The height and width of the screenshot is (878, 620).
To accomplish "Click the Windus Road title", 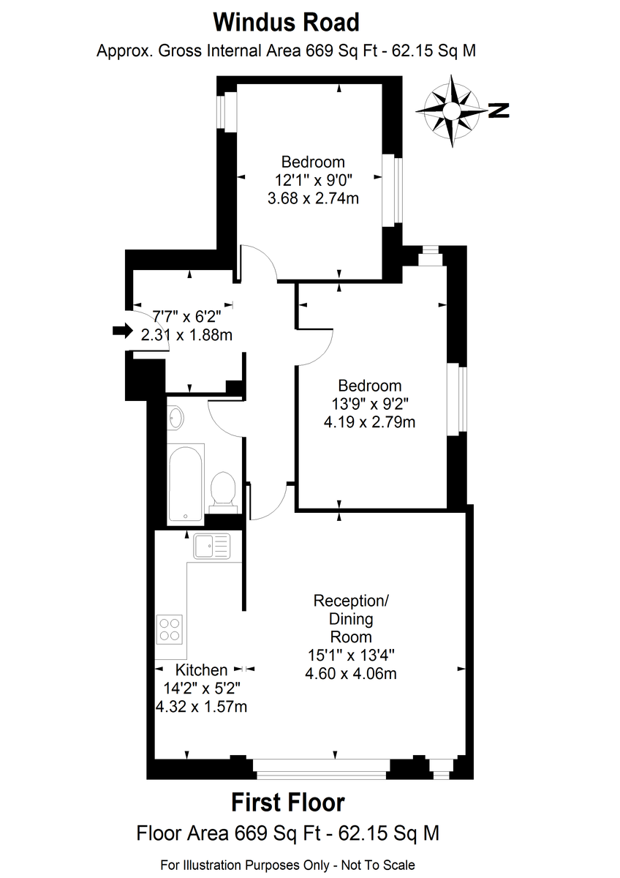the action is tap(287, 23).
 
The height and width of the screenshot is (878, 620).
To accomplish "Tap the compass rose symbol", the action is tap(452, 111).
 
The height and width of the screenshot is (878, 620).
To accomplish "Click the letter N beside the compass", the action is tap(499, 110).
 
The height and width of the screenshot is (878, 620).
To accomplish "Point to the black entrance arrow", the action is tap(123, 331).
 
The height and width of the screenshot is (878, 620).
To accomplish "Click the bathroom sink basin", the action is tap(176, 418).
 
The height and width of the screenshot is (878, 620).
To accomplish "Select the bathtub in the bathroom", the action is tap(186, 484).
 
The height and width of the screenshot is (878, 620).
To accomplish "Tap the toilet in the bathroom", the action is tap(223, 492).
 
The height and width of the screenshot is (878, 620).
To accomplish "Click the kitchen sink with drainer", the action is tap(212, 546).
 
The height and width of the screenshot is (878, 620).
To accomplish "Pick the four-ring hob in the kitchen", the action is tap(170, 629).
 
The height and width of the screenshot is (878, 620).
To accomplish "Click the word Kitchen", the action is tap(201, 670).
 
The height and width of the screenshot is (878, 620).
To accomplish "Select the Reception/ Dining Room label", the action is tap(351, 619).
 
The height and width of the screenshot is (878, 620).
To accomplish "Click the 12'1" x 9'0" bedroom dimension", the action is tap(314, 180).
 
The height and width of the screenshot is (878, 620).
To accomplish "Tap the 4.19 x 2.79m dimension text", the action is tap(369, 422).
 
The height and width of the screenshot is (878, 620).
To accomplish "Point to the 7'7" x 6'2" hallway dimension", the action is tap(187, 316).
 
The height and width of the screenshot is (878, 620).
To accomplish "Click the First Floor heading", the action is tap(288, 802).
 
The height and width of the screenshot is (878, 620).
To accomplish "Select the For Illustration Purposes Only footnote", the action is tap(287, 865).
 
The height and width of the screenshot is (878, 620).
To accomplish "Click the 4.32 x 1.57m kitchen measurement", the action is tap(201, 707).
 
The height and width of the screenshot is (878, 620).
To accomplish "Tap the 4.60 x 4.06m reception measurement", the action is tap(351, 674).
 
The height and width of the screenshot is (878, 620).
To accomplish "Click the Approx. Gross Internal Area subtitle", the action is tap(287, 51).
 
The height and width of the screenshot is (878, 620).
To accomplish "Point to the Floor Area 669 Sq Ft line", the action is tap(288, 833).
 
